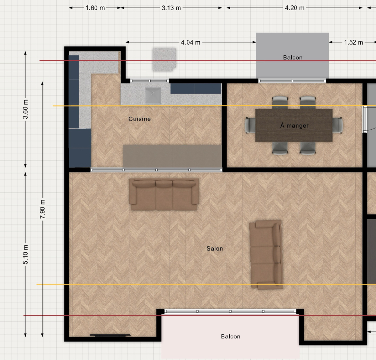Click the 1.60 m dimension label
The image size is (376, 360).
click(95, 8)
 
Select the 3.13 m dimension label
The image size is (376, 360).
click(171, 8)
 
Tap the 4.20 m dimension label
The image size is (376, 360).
click(295, 8)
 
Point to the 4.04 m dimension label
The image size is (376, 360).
click(191, 42)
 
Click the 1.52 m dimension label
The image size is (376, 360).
click(353, 42)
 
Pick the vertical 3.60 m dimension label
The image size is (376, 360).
click(25, 109)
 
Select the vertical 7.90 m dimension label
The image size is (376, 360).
click(43, 209)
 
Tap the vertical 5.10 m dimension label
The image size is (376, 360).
click(25, 254)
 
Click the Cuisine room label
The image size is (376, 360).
click(139, 119)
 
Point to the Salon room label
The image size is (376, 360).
click(215, 249)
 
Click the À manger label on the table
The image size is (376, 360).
click(294, 126)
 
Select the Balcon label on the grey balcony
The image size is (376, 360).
click(293, 57)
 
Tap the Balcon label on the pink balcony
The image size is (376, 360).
click(231, 337)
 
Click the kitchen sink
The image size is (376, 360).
click(153, 96)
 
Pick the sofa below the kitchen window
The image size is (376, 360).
click(164, 194)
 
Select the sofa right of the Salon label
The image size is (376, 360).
click(266, 255)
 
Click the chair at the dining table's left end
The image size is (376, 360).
click(250, 125)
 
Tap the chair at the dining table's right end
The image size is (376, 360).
click(338, 125)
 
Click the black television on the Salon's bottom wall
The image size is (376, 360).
click(110, 335)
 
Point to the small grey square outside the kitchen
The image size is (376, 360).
click(164, 59)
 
